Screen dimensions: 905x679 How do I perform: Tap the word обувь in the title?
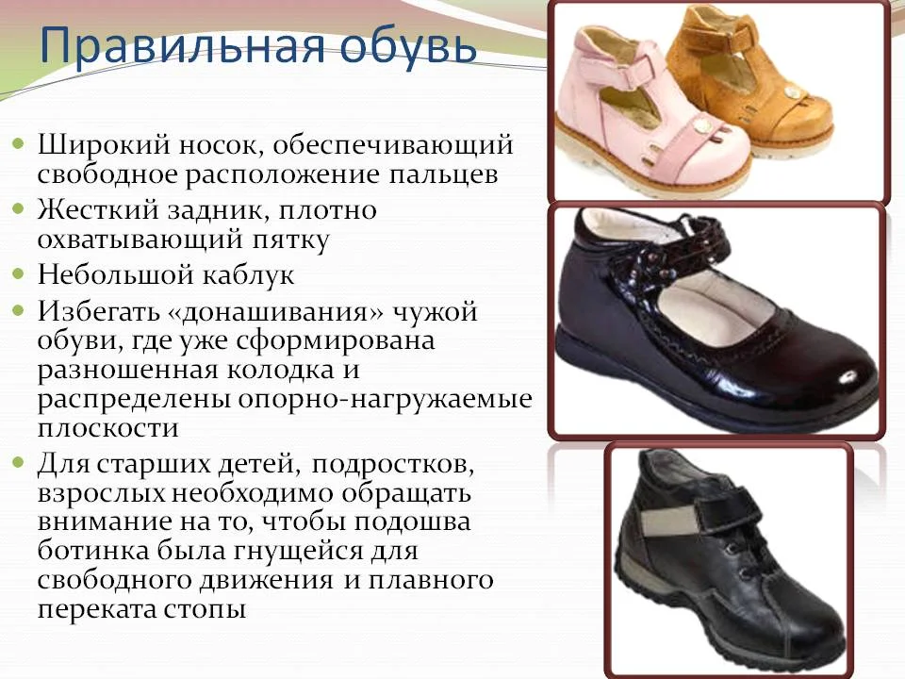pyautogui.click(x=408, y=46)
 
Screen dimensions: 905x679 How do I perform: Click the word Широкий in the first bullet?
pyautogui.click(x=105, y=145)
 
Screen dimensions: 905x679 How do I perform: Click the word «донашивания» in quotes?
pyautogui.click(x=276, y=312)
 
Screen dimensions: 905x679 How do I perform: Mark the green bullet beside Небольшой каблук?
pyautogui.click(x=19, y=273)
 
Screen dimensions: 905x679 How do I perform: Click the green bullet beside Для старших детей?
pyautogui.click(x=19, y=462)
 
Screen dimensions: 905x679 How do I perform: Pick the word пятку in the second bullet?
pyautogui.click(x=290, y=240)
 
